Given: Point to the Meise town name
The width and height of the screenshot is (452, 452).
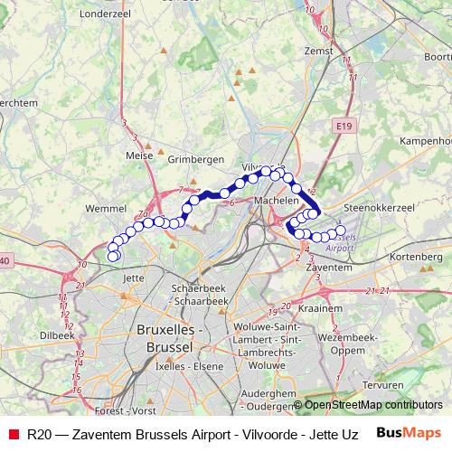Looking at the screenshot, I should [140, 155].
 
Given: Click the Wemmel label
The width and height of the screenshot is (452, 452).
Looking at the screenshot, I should [104, 208].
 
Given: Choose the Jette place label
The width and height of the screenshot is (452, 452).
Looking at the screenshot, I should [133, 278].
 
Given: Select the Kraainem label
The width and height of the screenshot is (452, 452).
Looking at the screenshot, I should [326, 307].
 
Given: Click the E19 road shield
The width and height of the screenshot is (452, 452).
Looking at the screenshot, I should [342, 127].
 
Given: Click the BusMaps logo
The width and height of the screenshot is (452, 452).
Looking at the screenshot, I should [409, 433].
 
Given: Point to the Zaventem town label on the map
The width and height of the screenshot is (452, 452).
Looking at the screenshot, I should [328, 268].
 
